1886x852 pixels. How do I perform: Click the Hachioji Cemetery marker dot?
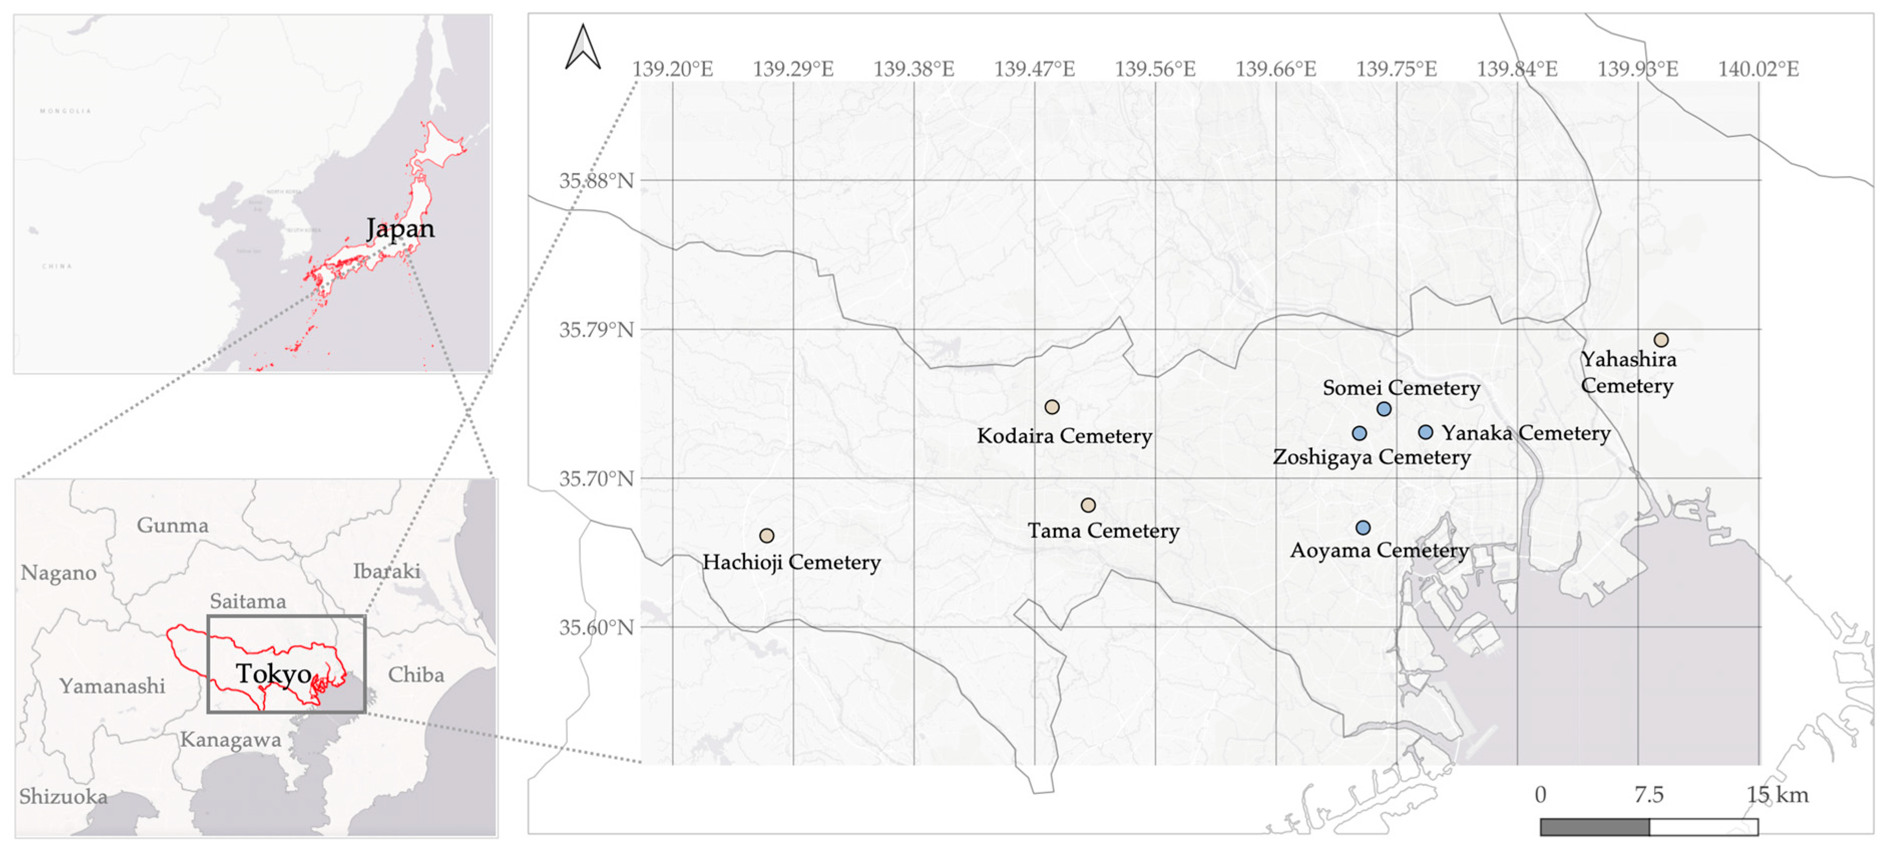pos(767,536)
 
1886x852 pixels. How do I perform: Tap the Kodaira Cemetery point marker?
pos(1052,407)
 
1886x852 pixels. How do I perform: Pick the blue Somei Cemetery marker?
pos(1384,409)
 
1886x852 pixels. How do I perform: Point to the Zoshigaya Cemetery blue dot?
pos(1359,433)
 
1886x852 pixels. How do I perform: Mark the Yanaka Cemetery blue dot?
pos(1426,432)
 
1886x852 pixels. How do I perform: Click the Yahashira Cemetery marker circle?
pos(1661,340)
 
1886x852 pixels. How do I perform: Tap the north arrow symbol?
pos(583,48)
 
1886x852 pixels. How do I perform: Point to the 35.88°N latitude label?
pos(597,181)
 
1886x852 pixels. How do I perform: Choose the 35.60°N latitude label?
pos(597,628)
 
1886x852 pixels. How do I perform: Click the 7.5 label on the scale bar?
pos(1649,795)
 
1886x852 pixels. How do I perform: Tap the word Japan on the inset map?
pos(400,229)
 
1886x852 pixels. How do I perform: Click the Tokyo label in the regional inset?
pos(274,673)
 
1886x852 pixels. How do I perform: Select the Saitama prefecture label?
pos(248,601)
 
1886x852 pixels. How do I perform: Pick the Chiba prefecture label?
pos(416,674)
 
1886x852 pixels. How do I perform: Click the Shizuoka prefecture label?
pos(63,796)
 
